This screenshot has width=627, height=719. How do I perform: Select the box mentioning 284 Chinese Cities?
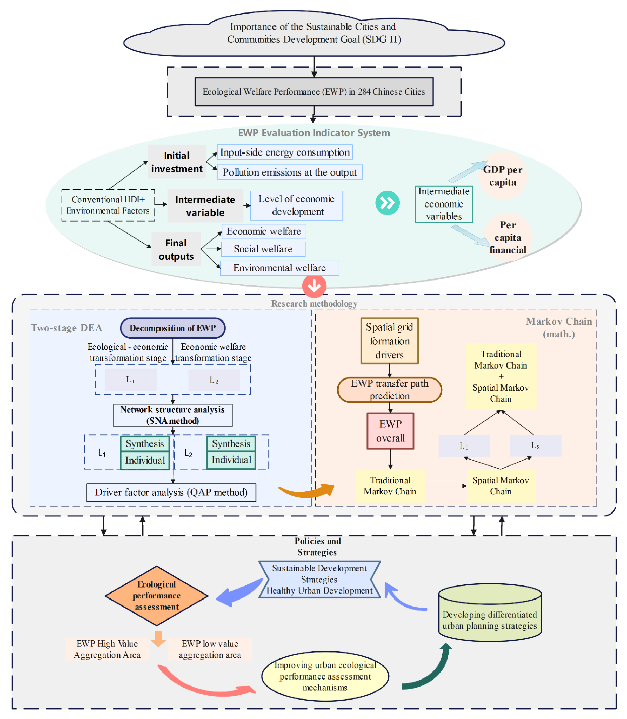point(314,92)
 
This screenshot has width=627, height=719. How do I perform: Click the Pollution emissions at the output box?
point(289,172)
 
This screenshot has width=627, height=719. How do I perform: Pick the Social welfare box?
point(263,249)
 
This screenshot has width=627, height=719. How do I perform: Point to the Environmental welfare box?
point(279,268)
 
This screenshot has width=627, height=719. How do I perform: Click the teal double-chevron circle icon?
point(387,203)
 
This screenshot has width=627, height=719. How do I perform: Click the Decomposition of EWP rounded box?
point(172,328)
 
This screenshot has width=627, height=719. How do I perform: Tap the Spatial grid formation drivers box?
point(389,341)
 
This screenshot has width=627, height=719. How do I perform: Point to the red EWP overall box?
point(390,431)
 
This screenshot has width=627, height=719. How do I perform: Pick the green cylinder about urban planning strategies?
point(490,613)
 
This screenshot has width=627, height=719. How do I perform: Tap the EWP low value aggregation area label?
point(210,649)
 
